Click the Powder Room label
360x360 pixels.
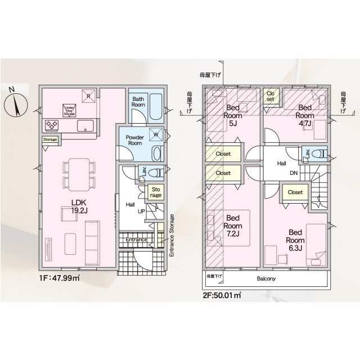pyautogui.click(x=134, y=140)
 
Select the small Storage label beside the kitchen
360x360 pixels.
pyautogui.click(x=49, y=139)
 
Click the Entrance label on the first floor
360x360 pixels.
pyautogui.click(x=136, y=240)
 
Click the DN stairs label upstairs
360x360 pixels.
pyautogui.click(x=294, y=173)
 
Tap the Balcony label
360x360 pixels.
pyautogui.click(x=267, y=278)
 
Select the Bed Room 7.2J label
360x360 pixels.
pyautogui.click(x=233, y=226)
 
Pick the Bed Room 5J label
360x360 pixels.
pyautogui.click(x=233, y=115)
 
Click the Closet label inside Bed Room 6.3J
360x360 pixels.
pyautogui.click(x=295, y=192)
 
